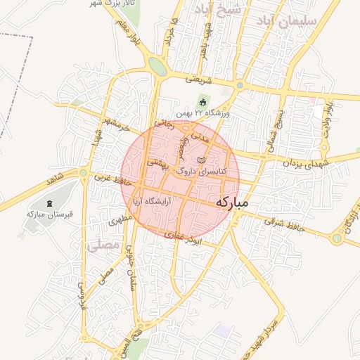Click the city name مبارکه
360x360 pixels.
(x=232, y=202)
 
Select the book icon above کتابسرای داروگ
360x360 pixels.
(x=202, y=160)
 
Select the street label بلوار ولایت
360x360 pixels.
(x=326, y=117)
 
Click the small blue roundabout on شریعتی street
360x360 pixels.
(x=240, y=86)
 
